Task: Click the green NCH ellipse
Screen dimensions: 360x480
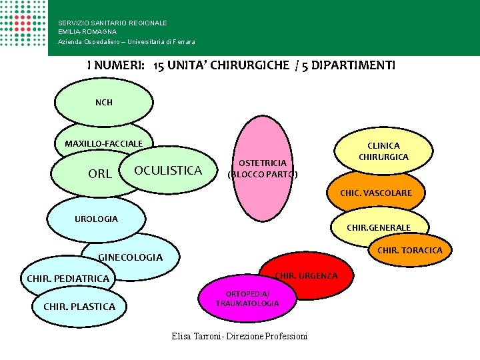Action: [x=103, y=103]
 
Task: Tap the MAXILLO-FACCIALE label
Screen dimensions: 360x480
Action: [x=103, y=143]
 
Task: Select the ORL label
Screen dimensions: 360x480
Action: [x=99, y=174]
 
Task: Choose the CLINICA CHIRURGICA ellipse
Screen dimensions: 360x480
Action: [x=383, y=151]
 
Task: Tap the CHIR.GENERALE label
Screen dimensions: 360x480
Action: [x=379, y=227]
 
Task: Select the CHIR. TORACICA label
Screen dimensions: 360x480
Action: [x=409, y=251]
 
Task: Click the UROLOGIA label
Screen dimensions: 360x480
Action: [x=97, y=219]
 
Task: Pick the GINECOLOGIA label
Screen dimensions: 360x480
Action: [x=130, y=257]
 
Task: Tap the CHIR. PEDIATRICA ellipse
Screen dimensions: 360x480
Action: [x=67, y=278]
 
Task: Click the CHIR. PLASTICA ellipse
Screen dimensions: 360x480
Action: [x=79, y=307]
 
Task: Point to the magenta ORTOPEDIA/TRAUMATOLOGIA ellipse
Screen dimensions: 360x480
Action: [x=247, y=299]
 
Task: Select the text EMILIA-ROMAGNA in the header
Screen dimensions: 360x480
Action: [x=87, y=31]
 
